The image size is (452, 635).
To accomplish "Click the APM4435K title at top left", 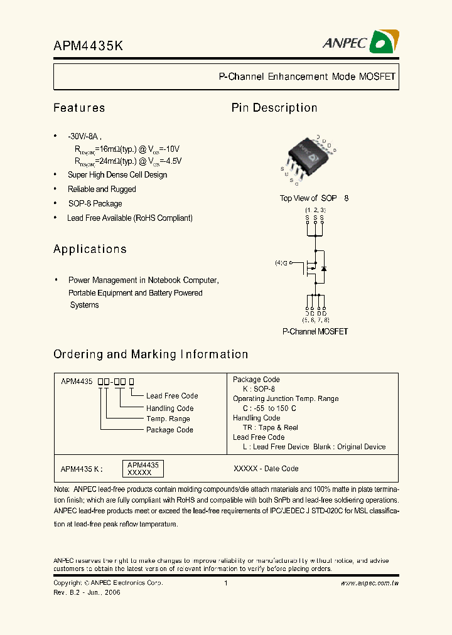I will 87,46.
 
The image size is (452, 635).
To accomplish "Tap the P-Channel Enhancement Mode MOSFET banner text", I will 306,77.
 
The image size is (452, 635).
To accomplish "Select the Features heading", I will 79,108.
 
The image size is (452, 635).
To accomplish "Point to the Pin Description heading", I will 274,108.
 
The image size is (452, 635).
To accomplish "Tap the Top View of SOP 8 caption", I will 313,198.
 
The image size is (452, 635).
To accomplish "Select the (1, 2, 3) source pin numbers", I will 315,209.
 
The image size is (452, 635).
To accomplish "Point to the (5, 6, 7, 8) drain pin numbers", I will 315,320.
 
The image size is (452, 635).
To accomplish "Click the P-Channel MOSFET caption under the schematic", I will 315,331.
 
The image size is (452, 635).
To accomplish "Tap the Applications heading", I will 90,249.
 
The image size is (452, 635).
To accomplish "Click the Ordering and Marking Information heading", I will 151,355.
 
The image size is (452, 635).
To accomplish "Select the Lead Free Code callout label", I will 172,396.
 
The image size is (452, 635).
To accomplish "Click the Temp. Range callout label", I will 168,419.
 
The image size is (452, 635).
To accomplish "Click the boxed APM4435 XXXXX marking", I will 141,468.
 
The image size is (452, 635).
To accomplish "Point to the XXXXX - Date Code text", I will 266,469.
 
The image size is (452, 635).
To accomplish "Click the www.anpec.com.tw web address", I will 370,584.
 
